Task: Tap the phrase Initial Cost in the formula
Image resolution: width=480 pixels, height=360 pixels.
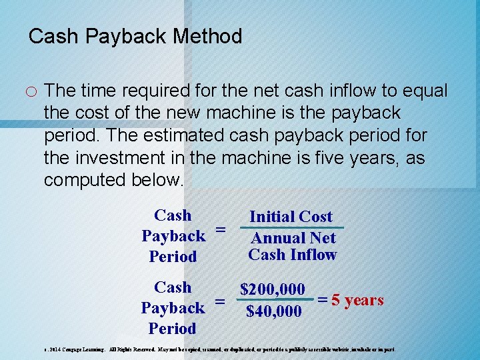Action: tap(291, 217)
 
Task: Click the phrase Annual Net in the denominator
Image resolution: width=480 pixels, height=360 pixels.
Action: tap(293, 238)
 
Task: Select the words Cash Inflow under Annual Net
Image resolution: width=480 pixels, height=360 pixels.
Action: tap(293, 254)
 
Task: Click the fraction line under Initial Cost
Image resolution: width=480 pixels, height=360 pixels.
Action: tap(291, 227)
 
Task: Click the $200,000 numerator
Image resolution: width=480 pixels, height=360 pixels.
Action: tap(273, 290)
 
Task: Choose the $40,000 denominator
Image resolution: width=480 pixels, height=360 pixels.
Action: tap(273, 311)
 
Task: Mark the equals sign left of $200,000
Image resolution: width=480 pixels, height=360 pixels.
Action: tap(220, 301)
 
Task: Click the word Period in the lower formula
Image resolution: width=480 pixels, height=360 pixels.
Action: tap(173, 328)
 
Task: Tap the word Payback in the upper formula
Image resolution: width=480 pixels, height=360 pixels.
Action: tap(173, 236)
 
